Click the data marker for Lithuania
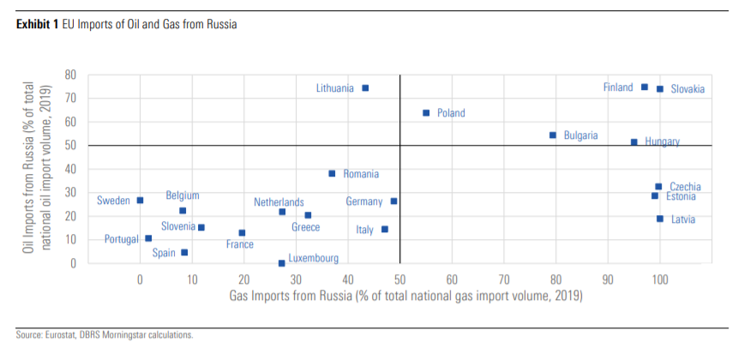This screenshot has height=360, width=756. [x=365, y=87]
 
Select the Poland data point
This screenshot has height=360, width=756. [x=426, y=112]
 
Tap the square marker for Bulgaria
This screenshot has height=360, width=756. [x=553, y=135]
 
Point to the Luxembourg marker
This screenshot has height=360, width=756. [x=281, y=263]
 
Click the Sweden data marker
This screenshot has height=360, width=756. [x=140, y=201]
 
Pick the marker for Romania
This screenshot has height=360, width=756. [x=332, y=173]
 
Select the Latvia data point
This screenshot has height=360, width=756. [x=660, y=219]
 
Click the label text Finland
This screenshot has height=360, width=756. [x=618, y=87]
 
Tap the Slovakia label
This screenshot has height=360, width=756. [x=687, y=89]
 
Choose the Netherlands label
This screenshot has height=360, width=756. [x=279, y=202]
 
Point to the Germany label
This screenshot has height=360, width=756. [x=364, y=201]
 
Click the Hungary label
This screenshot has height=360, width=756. [x=662, y=142]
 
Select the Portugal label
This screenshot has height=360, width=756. [x=122, y=239]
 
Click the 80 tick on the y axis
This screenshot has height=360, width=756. [x=71, y=75]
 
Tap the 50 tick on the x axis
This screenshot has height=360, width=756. [x=399, y=279]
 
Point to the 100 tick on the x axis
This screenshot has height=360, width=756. [x=660, y=279]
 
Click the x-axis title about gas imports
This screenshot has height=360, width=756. [x=405, y=297]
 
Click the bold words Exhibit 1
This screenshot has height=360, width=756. [x=37, y=25]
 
